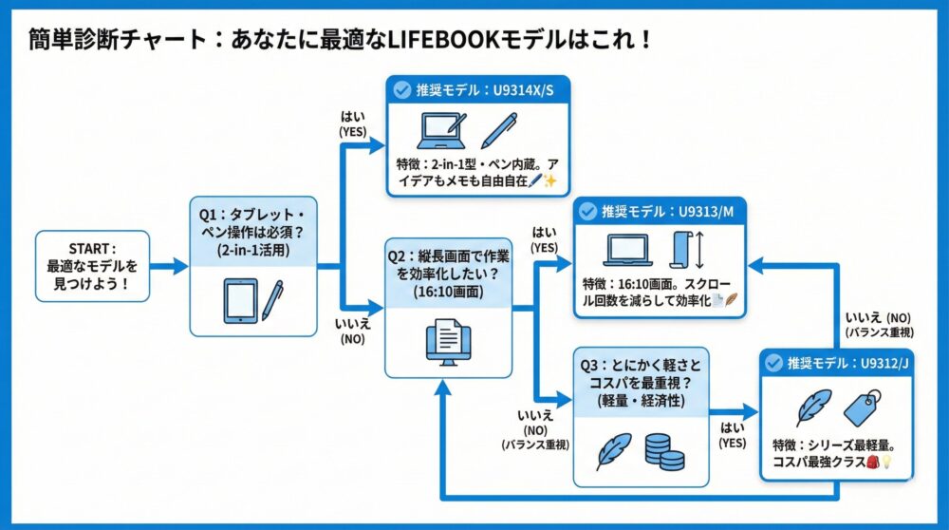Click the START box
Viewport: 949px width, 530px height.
(x=92, y=266)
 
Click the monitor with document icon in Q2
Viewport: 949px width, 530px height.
(x=448, y=342)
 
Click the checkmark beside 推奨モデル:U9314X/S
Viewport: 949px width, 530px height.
(x=402, y=91)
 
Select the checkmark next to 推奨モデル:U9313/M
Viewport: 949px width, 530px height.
(x=586, y=210)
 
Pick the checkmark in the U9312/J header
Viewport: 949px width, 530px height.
(x=774, y=362)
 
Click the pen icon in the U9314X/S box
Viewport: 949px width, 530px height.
(x=498, y=130)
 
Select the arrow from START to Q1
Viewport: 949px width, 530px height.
(x=170, y=267)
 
